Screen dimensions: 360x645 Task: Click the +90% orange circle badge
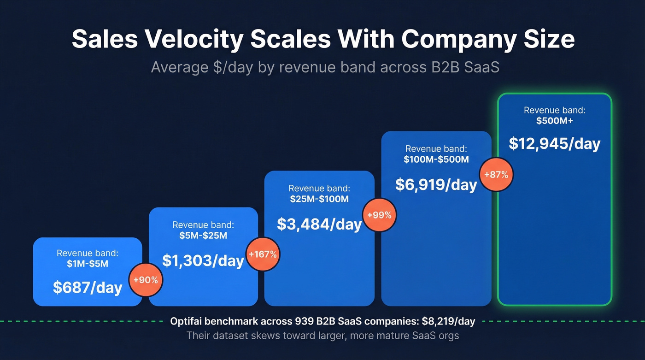[x=146, y=280]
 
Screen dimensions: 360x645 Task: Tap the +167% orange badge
[x=263, y=254]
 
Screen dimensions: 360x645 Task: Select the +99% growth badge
[x=379, y=215]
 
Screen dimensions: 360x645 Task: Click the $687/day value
[x=88, y=287]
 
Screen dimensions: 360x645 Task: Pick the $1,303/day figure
[x=203, y=260]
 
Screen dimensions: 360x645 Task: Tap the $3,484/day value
[x=319, y=224]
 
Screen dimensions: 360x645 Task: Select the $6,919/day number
[x=436, y=184]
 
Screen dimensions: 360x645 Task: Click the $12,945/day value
[x=554, y=143]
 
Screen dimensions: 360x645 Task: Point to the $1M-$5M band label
[x=88, y=264]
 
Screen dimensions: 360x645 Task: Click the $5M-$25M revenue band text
[x=203, y=236]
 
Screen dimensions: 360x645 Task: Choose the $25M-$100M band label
[x=319, y=199]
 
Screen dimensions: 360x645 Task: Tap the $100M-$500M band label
[x=436, y=159]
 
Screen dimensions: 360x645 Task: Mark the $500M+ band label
[x=554, y=121]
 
